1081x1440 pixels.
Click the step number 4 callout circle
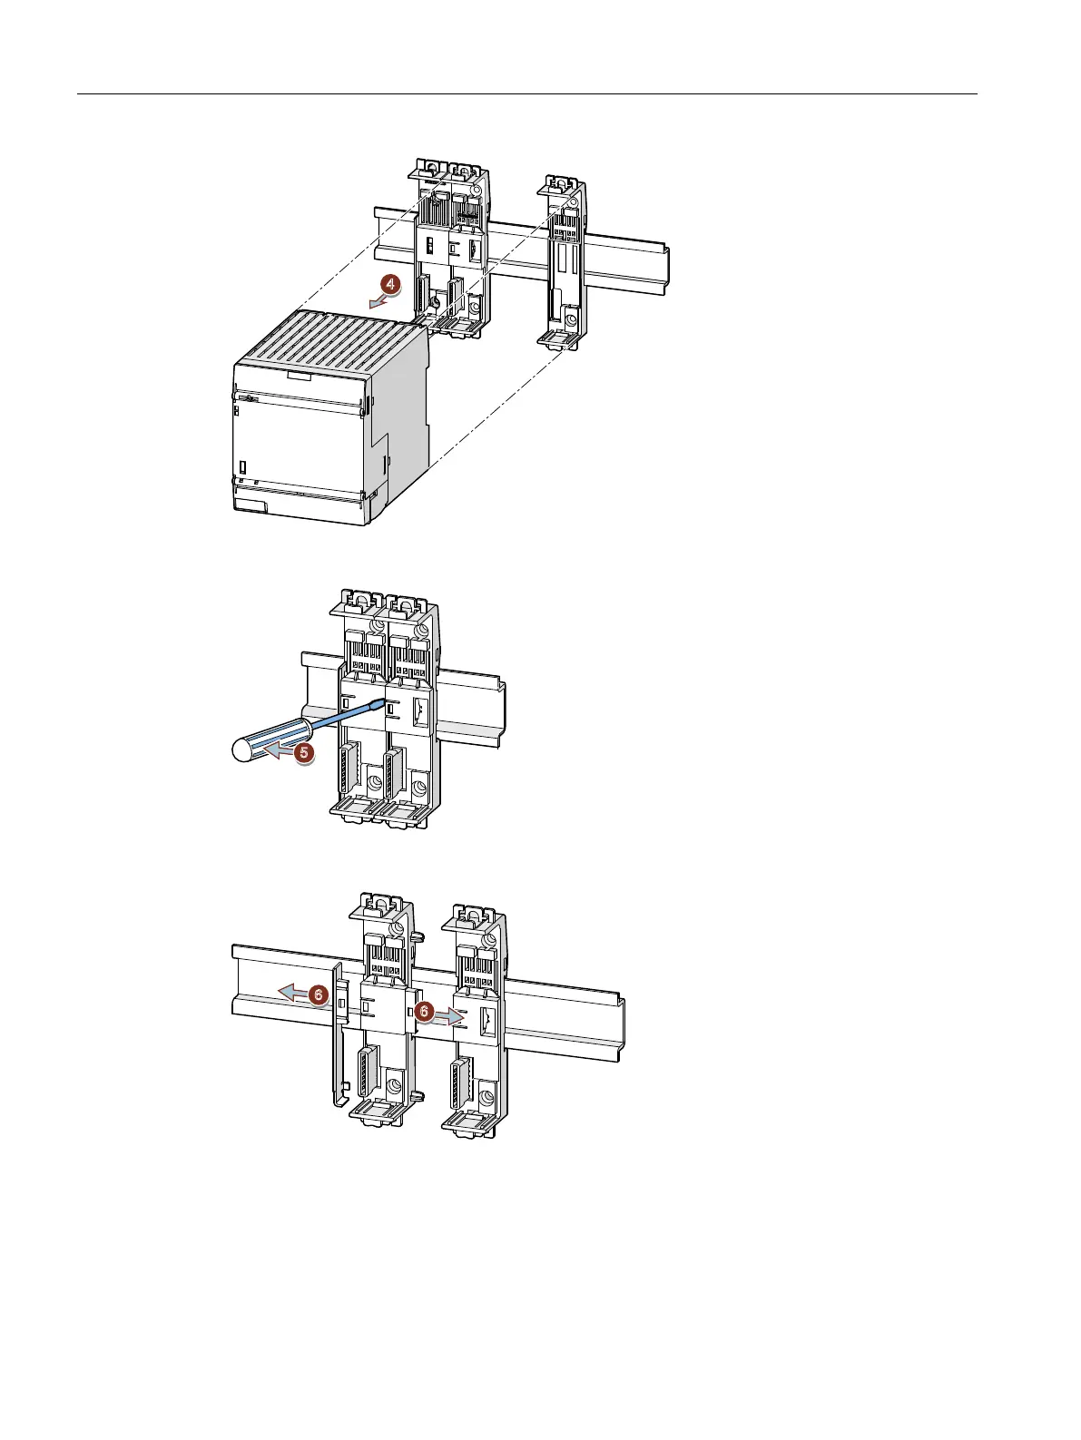pos(388,285)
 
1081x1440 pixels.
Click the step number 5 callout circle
pos(305,752)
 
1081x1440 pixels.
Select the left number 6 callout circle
pos(317,994)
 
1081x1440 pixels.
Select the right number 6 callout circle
pos(423,1011)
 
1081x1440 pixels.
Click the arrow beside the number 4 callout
pos(375,300)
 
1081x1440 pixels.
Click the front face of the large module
pos(300,445)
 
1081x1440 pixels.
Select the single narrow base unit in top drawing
pos(562,263)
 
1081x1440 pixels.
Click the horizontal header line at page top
pos(526,93)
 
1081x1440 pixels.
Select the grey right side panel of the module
pos(399,426)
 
